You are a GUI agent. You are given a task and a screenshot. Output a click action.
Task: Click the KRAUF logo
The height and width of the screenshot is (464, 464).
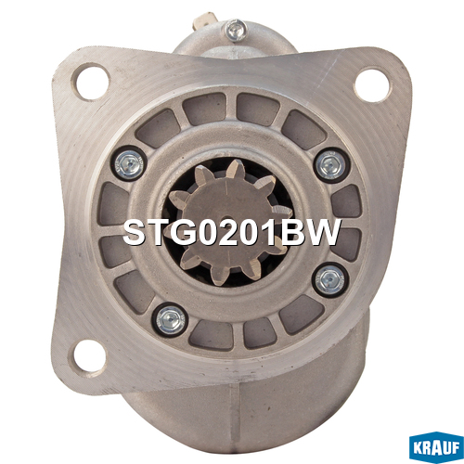[436, 447]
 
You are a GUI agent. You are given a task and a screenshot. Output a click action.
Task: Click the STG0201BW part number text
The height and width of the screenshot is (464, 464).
[232, 232]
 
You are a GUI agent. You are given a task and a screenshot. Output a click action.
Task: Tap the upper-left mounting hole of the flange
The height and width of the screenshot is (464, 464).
[91, 82]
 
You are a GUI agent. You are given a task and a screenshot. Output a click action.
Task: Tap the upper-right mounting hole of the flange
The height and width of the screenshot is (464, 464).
[372, 84]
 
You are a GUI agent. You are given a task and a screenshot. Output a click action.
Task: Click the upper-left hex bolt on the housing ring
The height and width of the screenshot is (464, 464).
[129, 163]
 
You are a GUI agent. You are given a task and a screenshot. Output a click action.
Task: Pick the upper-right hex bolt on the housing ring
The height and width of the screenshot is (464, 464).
[331, 164]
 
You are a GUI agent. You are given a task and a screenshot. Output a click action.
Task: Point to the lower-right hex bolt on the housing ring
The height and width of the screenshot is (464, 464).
[330, 279]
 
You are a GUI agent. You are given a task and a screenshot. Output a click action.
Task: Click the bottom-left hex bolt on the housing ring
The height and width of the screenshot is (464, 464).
[170, 319]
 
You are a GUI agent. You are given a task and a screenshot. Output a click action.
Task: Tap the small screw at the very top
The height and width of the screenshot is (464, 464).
[236, 30]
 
